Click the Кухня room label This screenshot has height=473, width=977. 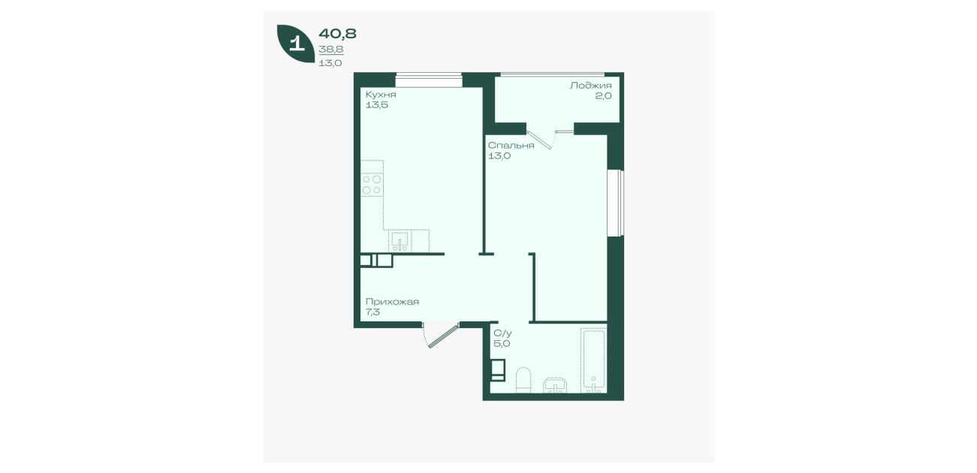coord(380,95)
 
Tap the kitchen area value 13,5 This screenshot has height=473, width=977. coord(377,105)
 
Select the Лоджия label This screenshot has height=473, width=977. coord(590,86)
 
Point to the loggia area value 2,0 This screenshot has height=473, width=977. coord(603,96)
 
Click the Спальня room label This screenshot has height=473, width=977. coord(511,146)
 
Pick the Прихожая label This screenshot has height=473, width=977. coord(392,302)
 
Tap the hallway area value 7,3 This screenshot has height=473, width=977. coord(372,312)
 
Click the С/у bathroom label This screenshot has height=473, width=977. coord(502,333)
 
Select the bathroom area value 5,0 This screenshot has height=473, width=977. coord(502,344)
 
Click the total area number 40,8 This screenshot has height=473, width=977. coord(337,34)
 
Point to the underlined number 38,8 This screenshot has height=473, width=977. coord(331,50)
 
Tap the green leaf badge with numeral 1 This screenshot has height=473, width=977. coord(296,44)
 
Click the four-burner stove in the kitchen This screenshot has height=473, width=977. coord(372,185)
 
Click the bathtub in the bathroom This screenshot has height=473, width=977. coord(593,360)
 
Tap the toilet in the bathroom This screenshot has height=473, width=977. coord(523,381)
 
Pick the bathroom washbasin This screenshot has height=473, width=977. coord(555,385)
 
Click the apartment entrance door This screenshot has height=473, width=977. coord(442,335)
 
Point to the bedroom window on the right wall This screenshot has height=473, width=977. coord(616,203)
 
